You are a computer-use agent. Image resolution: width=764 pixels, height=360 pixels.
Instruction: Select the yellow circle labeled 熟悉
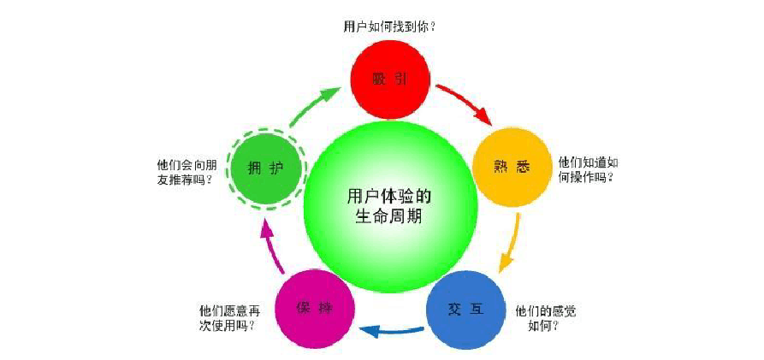pos(512,167)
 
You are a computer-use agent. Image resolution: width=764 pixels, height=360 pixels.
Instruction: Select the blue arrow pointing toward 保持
pos(390,329)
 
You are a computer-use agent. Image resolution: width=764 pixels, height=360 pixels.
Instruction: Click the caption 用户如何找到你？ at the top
pos(389,27)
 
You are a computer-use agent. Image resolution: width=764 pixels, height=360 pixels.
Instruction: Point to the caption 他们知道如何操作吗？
pos(588,168)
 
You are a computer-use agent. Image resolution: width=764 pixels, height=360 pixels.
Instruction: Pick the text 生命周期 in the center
pos(388,217)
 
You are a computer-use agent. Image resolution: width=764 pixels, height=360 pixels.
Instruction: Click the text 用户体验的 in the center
pos(388,193)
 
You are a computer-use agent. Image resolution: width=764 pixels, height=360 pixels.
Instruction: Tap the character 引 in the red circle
pos(401,80)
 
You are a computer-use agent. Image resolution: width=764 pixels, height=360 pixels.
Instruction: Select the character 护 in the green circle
pos(275,167)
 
